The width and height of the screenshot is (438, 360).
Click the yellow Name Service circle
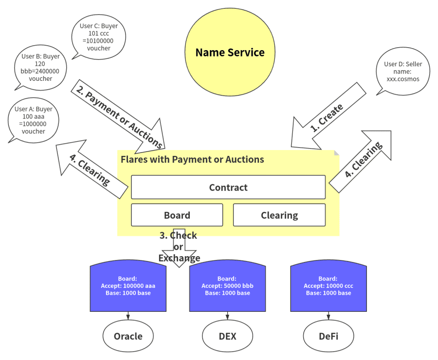tap(230, 52)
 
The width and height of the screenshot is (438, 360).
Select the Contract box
tap(228, 187)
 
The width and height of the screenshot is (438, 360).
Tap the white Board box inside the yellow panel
tap(177, 215)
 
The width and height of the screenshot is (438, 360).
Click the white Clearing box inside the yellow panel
tap(279, 215)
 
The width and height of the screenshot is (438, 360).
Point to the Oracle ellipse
tap(128, 336)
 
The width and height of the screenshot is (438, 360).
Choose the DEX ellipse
tap(227, 336)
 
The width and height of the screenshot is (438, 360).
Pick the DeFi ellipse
tap(328, 336)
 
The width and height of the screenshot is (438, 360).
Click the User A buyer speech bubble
tap(33, 120)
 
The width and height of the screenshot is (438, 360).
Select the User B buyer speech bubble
tap(40, 68)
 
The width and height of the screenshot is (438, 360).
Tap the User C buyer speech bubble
tap(99, 37)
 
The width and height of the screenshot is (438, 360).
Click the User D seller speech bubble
tap(403, 71)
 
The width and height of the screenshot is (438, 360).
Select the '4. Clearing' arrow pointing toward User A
tap(91, 169)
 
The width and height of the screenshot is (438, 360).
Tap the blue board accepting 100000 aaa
tap(128, 286)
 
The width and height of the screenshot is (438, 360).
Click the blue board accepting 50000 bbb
tap(227, 286)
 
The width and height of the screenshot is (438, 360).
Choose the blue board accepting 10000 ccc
tap(328, 286)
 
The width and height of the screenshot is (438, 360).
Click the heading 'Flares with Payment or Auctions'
tap(192, 159)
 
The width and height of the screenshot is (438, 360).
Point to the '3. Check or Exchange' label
tap(179, 246)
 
